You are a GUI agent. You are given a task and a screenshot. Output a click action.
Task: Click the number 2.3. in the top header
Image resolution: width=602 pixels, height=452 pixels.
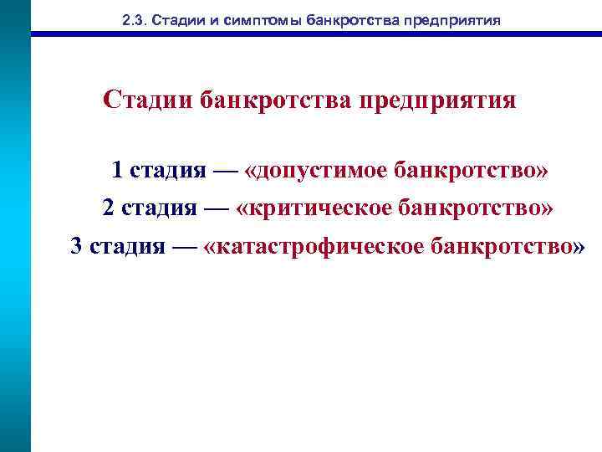pyautogui.click(x=133, y=20)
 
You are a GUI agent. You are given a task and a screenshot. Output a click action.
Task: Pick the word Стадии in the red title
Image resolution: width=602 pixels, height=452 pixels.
pyautogui.click(x=149, y=101)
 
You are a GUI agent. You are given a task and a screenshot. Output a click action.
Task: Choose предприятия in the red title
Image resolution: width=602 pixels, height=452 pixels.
pyautogui.click(x=437, y=103)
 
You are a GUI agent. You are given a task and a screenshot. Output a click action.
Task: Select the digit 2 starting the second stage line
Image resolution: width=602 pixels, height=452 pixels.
pyautogui.click(x=109, y=208)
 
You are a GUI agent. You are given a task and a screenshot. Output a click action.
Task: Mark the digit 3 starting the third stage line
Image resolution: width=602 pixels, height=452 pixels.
pyautogui.click(x=77, y=246)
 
